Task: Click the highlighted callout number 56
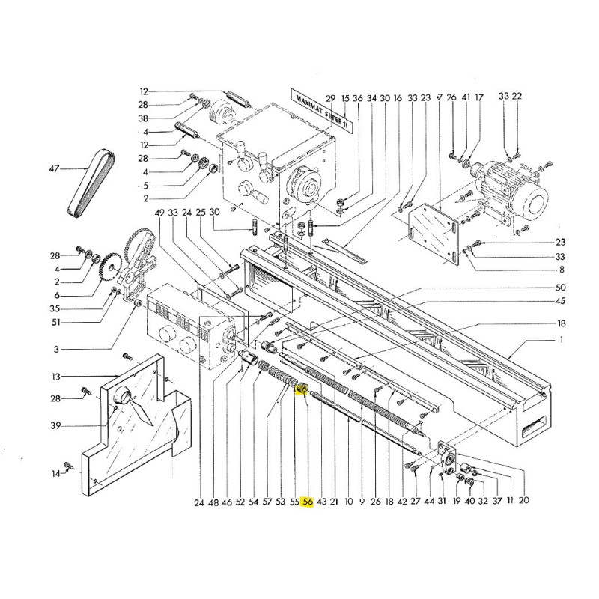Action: tap(308, 502)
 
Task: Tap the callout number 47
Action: tap(54, 168)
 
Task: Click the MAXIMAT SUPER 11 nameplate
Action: tap(320, 109)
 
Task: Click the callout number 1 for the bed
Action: tap(561, 340)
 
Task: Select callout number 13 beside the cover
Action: tap(56, 377)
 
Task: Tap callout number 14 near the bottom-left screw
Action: tap(56, 474)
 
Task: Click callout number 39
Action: tap(55, 425)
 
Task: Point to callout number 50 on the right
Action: tap(560, 288)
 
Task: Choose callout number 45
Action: tap(560, 301)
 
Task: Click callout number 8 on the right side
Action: tap(561, 270)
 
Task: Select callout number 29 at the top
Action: tap(330, 98)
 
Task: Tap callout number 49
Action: tap(159, 213)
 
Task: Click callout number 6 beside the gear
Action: tap(57, 295)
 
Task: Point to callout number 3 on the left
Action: tap(57, 349)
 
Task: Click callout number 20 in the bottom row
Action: tap(523, 499)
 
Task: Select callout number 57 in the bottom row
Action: tap(267, 502)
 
